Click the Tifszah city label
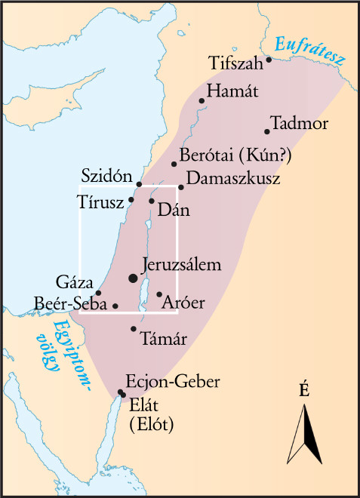(236, 63)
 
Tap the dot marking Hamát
(202, 100)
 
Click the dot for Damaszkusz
(181, 187)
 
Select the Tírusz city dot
(131, 200)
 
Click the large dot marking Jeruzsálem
(134, 278)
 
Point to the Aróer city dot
(159, 294)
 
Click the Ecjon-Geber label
(173, 382)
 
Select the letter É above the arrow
(304, 390)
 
